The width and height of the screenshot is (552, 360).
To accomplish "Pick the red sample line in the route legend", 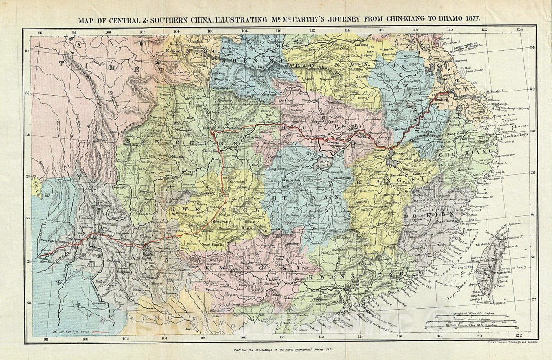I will pos(100,331).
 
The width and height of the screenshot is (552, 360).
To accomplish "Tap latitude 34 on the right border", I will pos(533,48).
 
